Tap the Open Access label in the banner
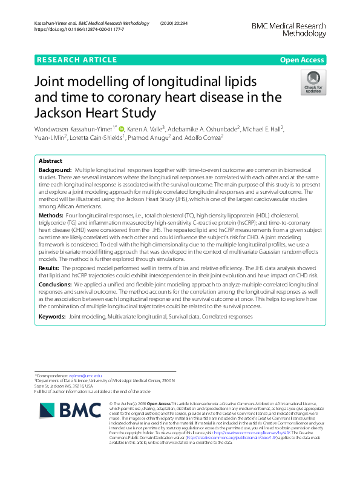click(x=302, y=59)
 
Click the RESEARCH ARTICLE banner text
click(x=77, y=59)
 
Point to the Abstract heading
click(x=50, y=161)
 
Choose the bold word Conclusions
click(x=57, y=285)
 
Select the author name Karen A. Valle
click(x=146, y=128)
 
